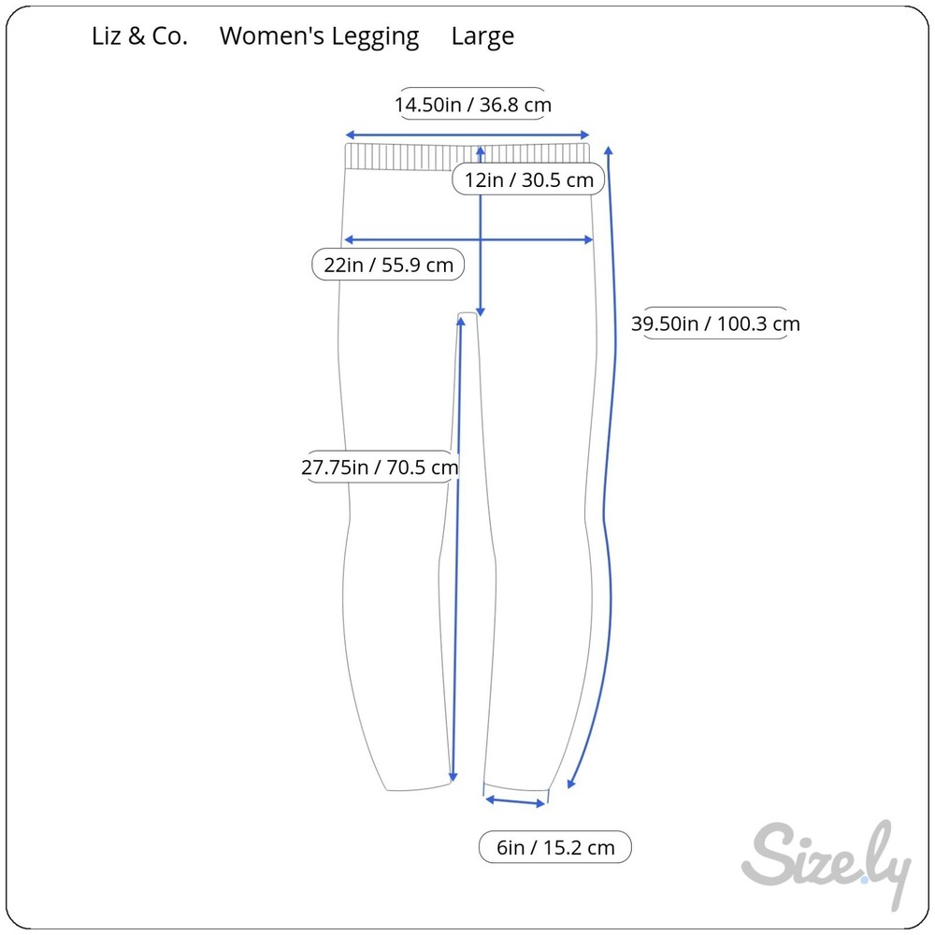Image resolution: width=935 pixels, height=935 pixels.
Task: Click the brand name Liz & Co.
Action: pos(139,36)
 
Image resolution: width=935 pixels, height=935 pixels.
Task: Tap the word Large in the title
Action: pos(482,37)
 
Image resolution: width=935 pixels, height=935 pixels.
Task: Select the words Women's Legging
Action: pos(319,37)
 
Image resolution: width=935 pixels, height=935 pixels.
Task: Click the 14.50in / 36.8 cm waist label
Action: pos(473,105)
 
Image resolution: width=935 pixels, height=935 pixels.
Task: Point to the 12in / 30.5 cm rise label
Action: pos(529,180)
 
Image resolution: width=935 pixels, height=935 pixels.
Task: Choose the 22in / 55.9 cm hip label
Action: pos(388,265)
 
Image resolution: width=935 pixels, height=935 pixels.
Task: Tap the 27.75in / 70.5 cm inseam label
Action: pos(380,467)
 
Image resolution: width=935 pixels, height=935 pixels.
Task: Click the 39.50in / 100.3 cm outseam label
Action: pos(715,324)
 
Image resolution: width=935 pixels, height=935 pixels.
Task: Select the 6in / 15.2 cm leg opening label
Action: pos(555,847)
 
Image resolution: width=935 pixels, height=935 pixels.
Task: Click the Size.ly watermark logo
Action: pos(826,862)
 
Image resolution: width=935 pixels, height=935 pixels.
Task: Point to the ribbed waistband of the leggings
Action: pos(467,157)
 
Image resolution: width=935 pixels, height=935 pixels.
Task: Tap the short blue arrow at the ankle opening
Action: pos(515,801)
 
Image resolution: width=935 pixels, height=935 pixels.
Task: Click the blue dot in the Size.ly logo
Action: pos(864,880)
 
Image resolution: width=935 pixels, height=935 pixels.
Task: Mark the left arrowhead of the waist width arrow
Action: pos(350,136)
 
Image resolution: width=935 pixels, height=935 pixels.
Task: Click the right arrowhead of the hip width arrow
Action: pos(588,239)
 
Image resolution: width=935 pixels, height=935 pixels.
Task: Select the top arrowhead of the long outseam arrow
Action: pos(609,151)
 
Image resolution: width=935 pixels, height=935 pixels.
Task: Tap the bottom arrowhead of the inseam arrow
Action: pos(453,776)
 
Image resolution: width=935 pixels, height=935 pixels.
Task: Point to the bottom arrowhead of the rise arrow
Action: pos(481,312)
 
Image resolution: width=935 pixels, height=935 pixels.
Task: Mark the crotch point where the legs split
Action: pos(467,313)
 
